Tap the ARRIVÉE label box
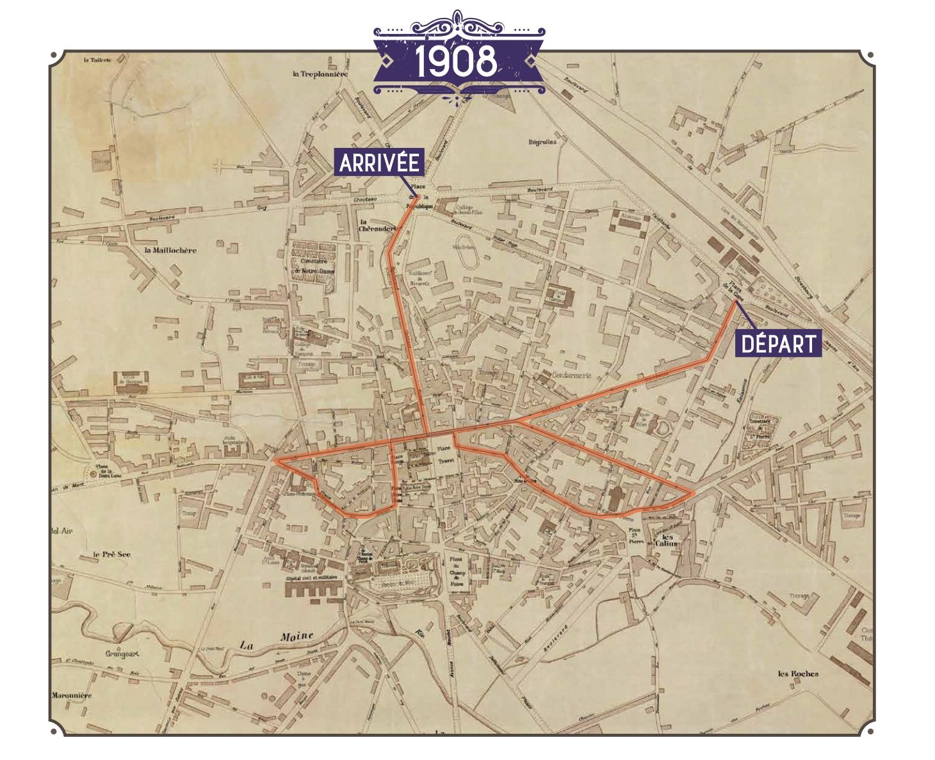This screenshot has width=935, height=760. pyautogui.click(x=379, y=163)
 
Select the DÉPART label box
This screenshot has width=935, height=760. pyautogui.click(x=778, y=344)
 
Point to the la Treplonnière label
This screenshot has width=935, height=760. pyautogui.click(x=320, y=74)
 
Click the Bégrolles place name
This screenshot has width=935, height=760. pyautogui.click(x=542, y=142)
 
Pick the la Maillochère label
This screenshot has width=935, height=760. pyautogui.click(x=170, y=250)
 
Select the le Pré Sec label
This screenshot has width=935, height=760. pyautogui.click(x=111, y=554)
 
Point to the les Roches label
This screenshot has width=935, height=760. pyautogui.click(x=798, y=674)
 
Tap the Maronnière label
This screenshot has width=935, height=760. pyautogui.click(x=72, y=695)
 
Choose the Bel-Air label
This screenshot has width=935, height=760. pyautogui.click(x=63, y=531)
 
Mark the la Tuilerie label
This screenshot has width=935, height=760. pyautogui.click(x=97, y=60)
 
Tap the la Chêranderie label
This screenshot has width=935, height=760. pyautogui.click(x=375, y=226)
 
